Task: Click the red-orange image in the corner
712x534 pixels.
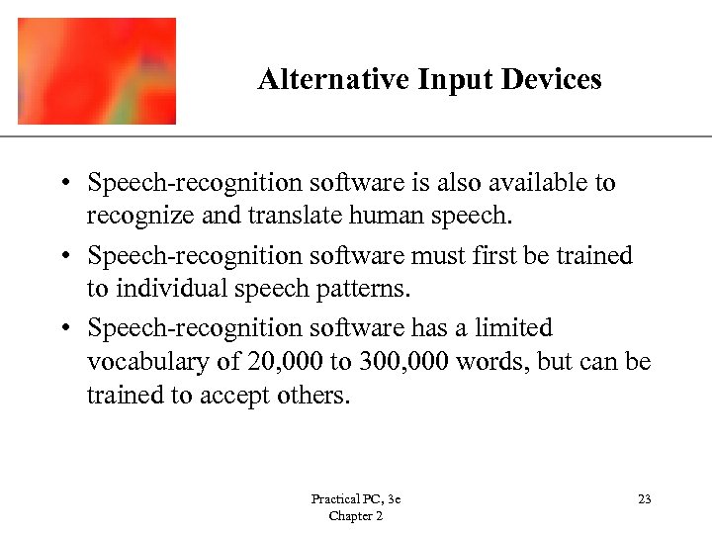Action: point(97,71)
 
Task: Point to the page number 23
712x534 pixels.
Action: point(644,499)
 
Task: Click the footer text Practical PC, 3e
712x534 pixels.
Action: point(355,499)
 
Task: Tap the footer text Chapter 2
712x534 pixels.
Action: point(355,516)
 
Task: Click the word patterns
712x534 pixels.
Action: point(359,290)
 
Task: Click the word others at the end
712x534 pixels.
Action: point(316,396)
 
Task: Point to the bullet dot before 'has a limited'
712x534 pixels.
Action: point(63,328)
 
